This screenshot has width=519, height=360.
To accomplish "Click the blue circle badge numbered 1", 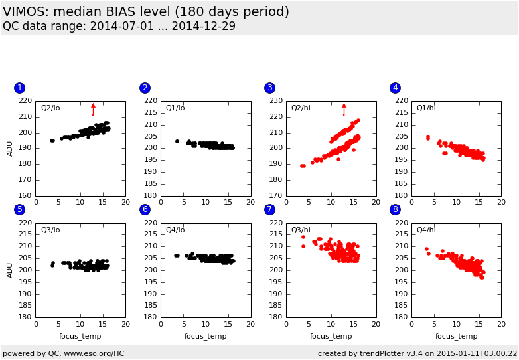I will tap(19, 88).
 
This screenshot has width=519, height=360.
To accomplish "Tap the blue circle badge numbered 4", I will tap(395, 88).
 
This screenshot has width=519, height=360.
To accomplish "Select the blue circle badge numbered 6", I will tap(145, 209).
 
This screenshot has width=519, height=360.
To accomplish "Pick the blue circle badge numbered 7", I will tap(269, 209).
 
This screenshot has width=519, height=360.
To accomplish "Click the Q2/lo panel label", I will tap(50, 108).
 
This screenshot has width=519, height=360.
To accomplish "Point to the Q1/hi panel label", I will tap(426, 108).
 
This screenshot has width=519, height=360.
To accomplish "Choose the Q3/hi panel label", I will tap(301, 230).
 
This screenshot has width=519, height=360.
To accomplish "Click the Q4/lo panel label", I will tap(176, 230).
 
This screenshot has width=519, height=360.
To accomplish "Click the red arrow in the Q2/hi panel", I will tap(344, 109).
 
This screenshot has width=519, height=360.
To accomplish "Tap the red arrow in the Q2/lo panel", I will tap(93, 109).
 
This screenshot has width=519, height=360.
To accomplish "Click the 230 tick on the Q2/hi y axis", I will tap(275, 100).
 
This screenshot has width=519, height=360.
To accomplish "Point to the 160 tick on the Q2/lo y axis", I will tap(25, 195).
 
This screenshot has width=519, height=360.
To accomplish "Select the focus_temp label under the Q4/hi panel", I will tap(456, 336).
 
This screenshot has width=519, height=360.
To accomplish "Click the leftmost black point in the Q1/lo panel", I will tap(177, 141).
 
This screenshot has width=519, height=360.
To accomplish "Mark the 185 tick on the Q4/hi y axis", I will tap(400, 305).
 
